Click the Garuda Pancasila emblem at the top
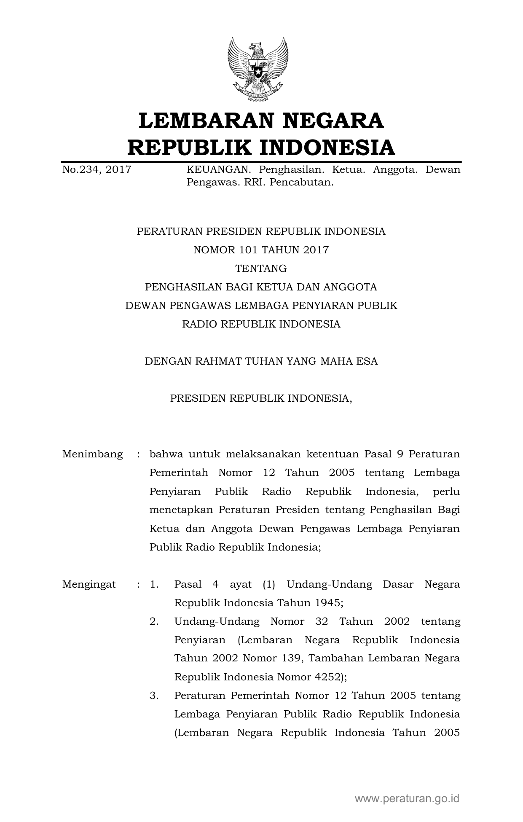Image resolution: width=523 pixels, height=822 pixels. click(x=258, y=70)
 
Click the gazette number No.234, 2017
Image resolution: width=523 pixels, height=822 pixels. click(x=97, y=170)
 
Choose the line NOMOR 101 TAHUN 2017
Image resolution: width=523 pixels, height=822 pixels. click(x=261, y=250)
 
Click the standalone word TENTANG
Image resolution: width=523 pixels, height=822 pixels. click(x=261, y=269)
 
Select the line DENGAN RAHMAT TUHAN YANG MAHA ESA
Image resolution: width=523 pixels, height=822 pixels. click(x=261, y=361)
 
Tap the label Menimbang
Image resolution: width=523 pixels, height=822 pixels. click(x=93, y=454)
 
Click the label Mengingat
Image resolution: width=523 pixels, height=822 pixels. click(x=89, y=584)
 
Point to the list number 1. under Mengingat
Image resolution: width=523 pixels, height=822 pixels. click(x=154, y=584)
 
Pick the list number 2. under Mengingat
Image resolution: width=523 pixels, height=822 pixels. click(x=154, y=621)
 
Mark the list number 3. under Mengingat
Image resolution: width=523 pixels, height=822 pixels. click(x=154, y=696)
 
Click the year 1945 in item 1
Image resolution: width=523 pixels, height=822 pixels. click(x=327, y=603)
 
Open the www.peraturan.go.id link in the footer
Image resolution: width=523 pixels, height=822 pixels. click(x=407, y=798)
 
